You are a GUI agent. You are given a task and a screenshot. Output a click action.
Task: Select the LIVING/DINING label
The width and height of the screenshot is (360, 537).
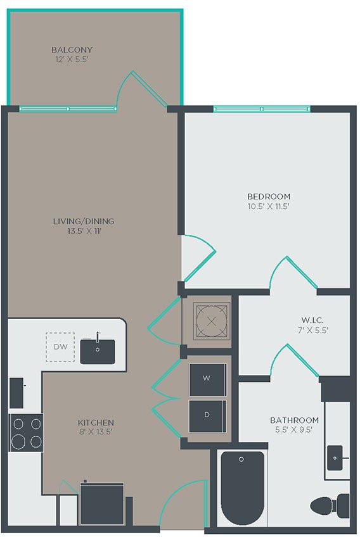pyautogui.click(x=84, y=221)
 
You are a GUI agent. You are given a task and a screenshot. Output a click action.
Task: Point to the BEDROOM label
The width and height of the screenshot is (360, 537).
pyautogui.click(x=269, y=196)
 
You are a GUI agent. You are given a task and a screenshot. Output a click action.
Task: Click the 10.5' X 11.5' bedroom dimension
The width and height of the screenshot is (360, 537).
pyautogui.click(x=269, y=206)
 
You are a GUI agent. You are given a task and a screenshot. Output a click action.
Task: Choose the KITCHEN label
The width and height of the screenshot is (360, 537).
pyautogui.click(x=96, y=422)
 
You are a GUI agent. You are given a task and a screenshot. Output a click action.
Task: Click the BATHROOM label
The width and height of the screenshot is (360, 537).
pyautogui.click(x=294, y=420)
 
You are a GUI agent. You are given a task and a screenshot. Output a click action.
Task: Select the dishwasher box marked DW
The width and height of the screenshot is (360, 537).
pyautogui.click(x=60, y=347)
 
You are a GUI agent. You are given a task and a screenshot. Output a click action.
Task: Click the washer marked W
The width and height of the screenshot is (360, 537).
pyautogui.click(x=207, y=378)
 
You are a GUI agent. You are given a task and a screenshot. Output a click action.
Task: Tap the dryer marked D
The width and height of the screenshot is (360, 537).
pyautogui.click(x=207, y=415)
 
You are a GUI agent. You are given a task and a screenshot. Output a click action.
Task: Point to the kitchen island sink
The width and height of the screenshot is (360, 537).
pyautogui.click(x=98, y=351)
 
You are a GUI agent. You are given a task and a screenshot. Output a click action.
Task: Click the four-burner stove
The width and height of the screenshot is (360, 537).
pyautogui.click(x=26, y=432)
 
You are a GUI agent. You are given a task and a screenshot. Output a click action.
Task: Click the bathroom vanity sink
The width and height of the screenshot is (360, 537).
pyautogui.click(x=335, y=454)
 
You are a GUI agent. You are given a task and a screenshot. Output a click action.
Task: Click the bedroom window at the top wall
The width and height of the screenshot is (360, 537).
pyautogui.click(x=262, y=109)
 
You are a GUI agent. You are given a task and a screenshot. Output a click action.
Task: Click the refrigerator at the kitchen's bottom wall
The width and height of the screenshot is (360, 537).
pyautogui.click(x=102, y=504)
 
